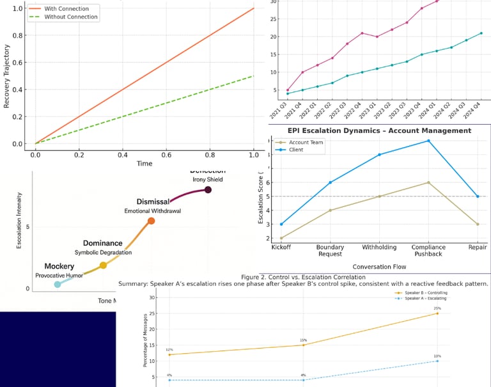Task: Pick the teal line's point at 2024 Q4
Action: pos(481,33)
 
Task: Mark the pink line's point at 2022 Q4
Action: pos(362,33)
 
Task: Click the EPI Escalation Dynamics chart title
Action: pos(375,130)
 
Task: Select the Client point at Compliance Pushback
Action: pos(428,141)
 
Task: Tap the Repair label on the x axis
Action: pos(477,248)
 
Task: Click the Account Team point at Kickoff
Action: pos(282,238)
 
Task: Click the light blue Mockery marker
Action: pos(58,284)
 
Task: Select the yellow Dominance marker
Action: pos(103,265)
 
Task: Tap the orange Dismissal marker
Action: pos(151,221)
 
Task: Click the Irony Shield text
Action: pos(207,180)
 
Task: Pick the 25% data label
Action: pos(437,308)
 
